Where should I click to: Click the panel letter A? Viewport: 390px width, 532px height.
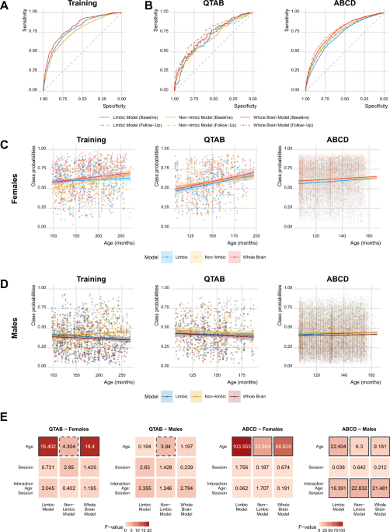click(x=7, y=5)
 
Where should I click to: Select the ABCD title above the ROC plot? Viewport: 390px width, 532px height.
click(x=333, y=7)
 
